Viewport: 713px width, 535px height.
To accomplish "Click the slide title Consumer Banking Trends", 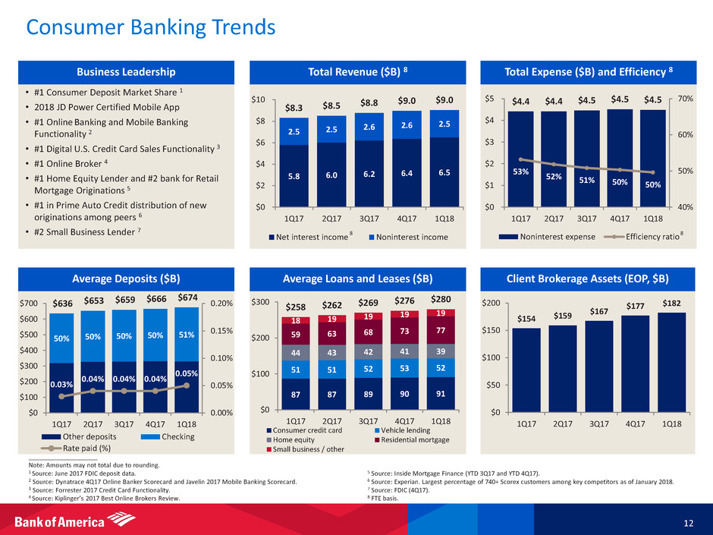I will pyautogui.click(x=151, y=28).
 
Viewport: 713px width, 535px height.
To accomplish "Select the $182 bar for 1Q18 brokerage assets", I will pyautogui.click(x=671, y=361).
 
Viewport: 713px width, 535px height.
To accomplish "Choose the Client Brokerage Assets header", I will pyautogui.click(x=592, y=278).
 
